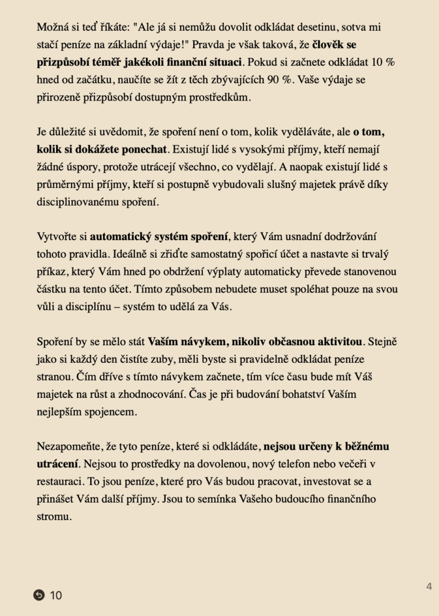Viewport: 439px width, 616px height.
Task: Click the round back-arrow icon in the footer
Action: [39, 595]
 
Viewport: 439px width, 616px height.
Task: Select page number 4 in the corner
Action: [429, 586]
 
